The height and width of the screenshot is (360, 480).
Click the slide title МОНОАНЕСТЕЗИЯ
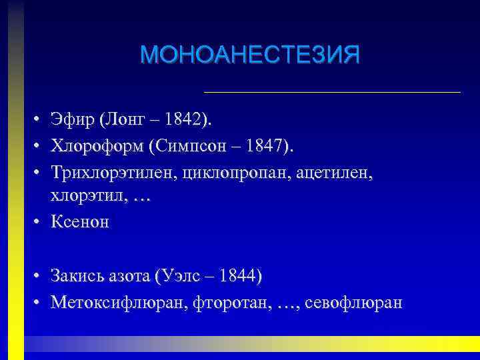(250, 55)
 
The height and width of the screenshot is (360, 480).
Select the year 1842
(185, 120)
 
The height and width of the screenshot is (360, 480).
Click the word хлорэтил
(79, 196)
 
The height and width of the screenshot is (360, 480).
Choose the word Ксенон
(79, 222)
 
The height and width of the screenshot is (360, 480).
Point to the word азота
(129, 277)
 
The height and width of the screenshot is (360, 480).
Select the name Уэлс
(179, 277)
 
